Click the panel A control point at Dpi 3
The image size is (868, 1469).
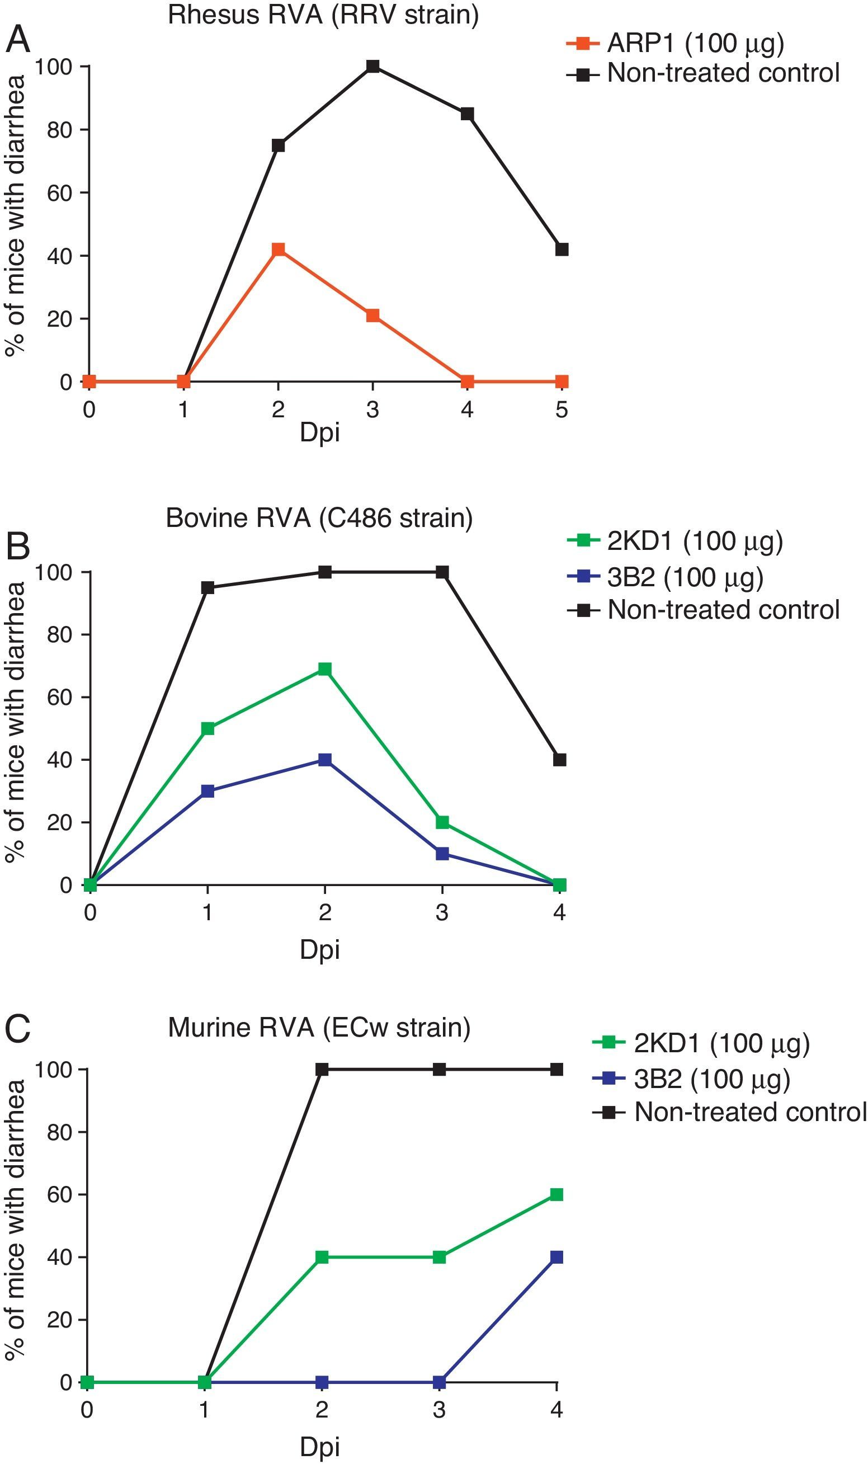372,66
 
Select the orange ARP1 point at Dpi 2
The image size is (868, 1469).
279,249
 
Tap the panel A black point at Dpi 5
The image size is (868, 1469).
562,249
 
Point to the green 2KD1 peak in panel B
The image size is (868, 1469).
324,669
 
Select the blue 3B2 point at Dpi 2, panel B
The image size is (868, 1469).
324,760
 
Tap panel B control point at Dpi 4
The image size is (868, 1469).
560,760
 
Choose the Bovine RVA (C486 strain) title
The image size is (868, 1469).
319,519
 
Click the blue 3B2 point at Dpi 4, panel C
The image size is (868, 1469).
557,1257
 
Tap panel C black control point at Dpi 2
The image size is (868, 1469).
322,1070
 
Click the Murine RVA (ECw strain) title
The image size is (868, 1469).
319,1028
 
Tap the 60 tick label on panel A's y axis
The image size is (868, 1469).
60,193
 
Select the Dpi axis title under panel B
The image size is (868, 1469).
319,949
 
